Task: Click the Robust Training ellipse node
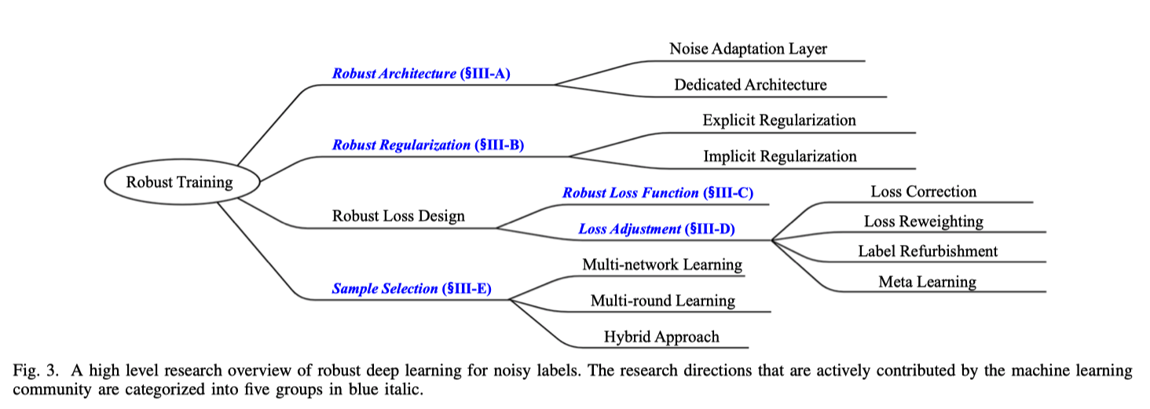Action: pyautogui.click(x=180, y=182)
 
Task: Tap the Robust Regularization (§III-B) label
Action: pyautogui.click(x=428, y=145)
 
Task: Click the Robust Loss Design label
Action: pyautogui.click(x=398, y=216)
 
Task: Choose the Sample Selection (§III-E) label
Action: pyautogui.click(x=412, y=289)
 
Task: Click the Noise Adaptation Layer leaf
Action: pyautogui.click(x=748, y=49)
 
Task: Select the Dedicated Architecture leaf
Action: pyautogui.click(x=750, y=85)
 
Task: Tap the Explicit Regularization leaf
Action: pyautogui.click(x=779, y=121)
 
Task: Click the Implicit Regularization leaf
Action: pyautogui.click(x=779, y=157)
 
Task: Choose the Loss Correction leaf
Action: pyautogui.click(x=923, y=192)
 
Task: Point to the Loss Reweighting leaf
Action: pyautogui.click(x=923, y=221)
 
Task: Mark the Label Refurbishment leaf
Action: pyautogui.click(x=928, y=251)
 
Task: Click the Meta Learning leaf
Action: pyautogui.click(x=927, y=282)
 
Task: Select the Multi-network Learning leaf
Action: pyautogui.click(x=661, y=265)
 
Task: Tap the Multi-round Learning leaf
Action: pyautogui.click(x=662, y=301)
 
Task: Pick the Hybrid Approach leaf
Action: pyautogui.click(x=661, y=338)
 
